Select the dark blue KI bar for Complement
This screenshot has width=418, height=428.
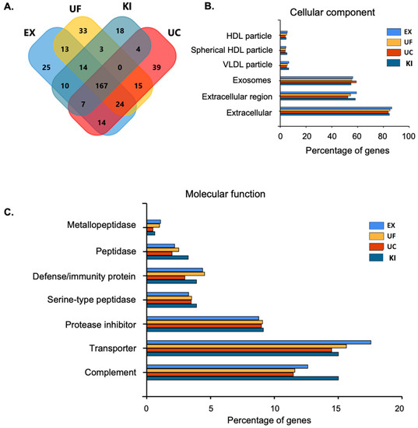pos(242,377)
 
